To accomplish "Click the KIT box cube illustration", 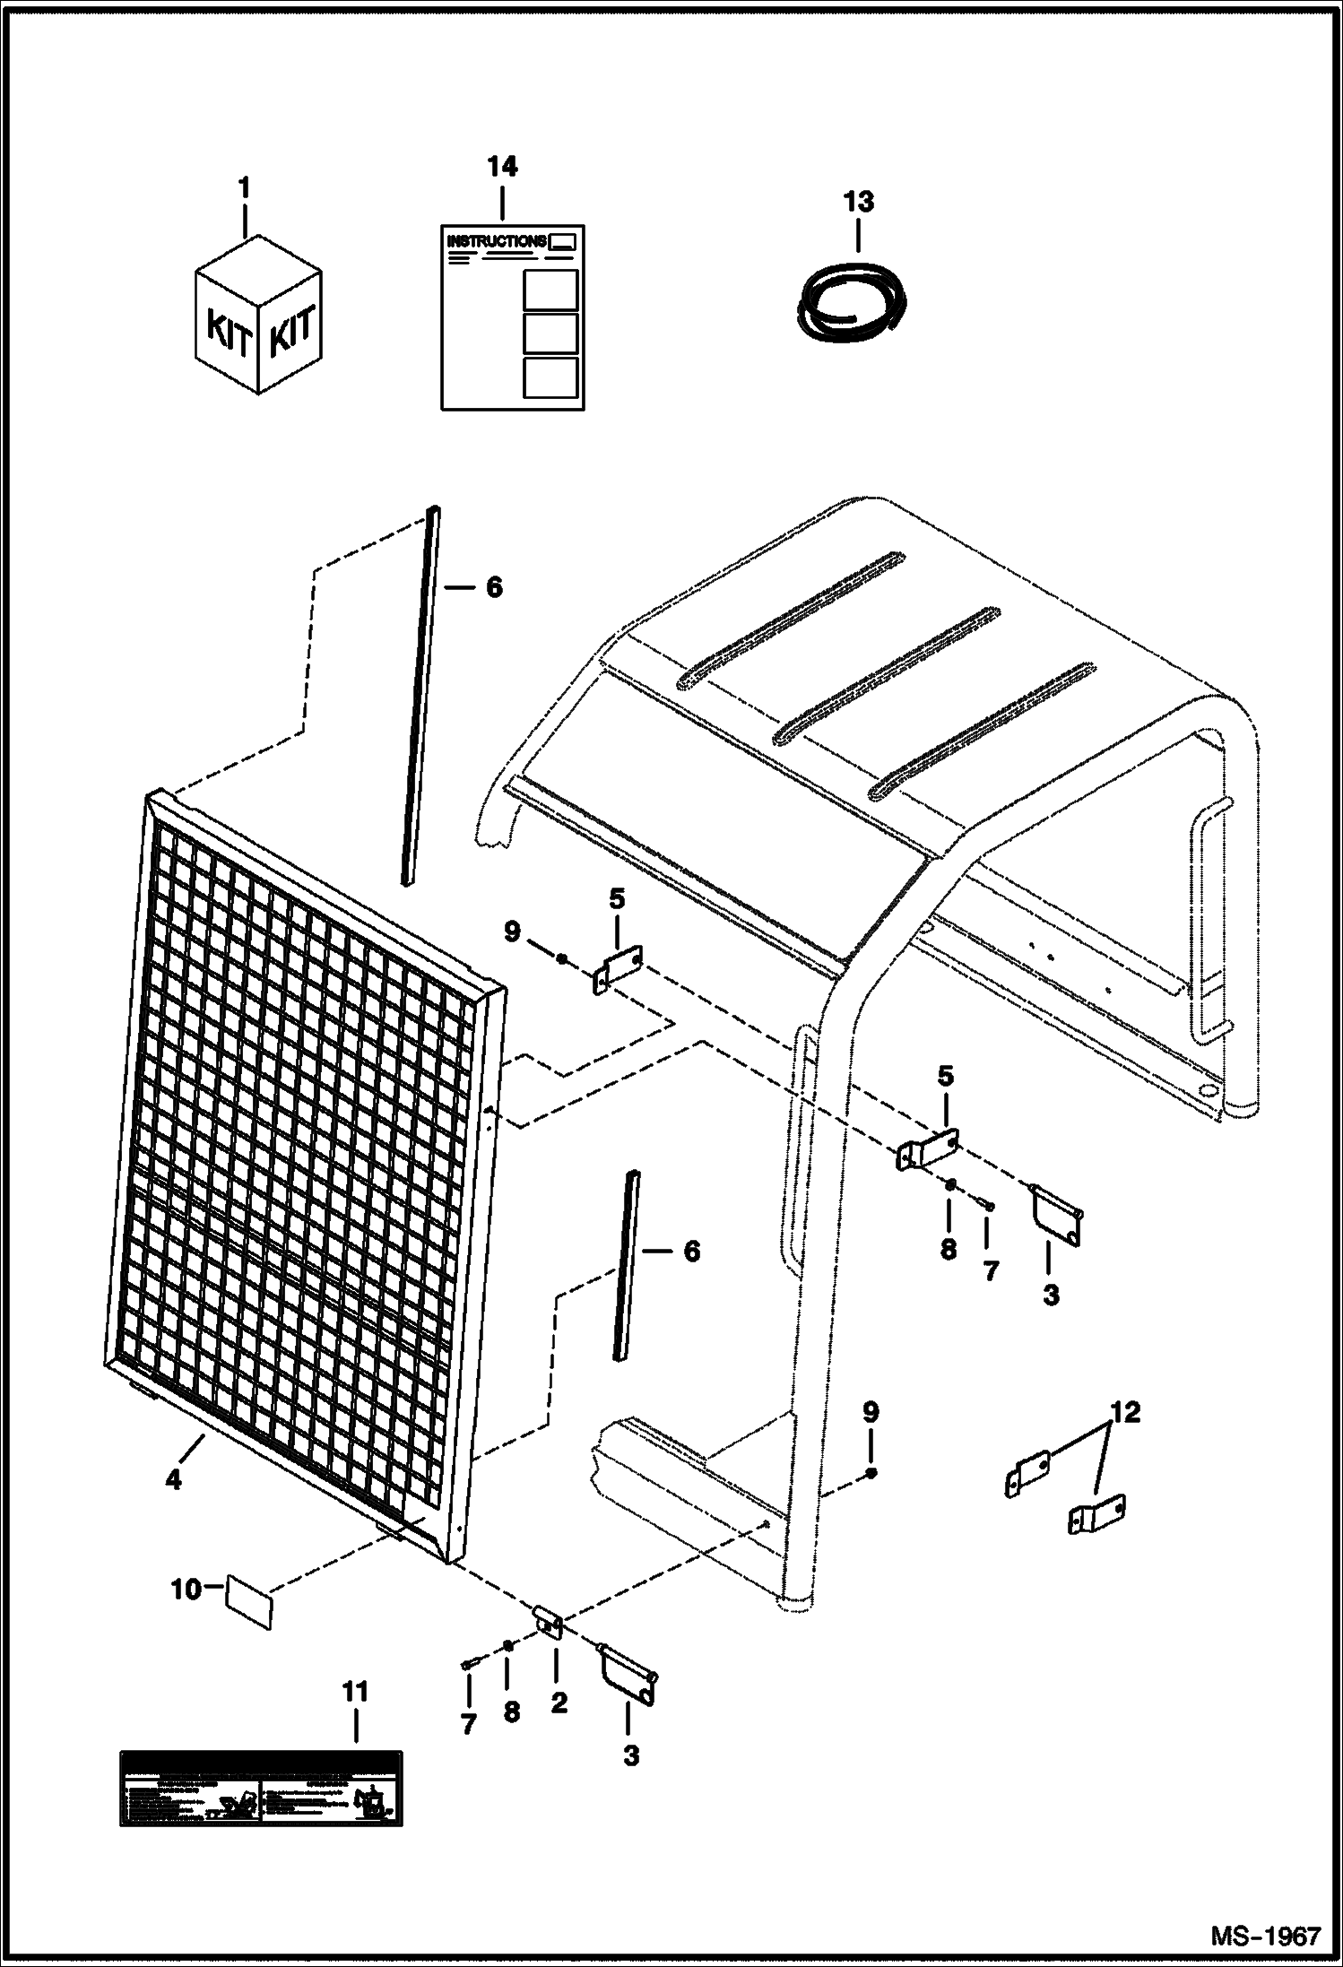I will point(258,316).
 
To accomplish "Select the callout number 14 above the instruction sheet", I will point(502,167).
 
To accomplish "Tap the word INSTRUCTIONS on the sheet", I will point(496,241).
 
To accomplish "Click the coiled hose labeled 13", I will point(853,301).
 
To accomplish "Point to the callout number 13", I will point(858,202).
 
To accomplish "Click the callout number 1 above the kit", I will point(244,189).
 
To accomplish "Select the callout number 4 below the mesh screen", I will point(173,1481).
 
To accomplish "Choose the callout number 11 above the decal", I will point(355,1693).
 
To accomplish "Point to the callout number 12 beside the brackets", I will point(1126,1413).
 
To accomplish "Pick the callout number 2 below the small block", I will point(559,1703).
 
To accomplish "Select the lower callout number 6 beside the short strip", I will point(691,1251).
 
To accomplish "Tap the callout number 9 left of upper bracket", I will point(512,932).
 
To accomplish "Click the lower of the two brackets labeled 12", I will point(1097,1514).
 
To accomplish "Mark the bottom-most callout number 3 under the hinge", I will point(631,1756).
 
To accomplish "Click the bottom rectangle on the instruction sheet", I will point(550,377).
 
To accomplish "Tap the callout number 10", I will point(186,1590).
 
